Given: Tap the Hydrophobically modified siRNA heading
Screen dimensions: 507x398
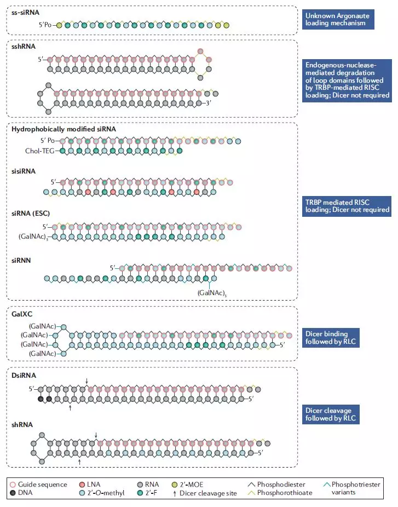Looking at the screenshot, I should tap(64, 129).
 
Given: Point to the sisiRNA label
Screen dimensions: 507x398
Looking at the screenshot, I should tap(24, 171).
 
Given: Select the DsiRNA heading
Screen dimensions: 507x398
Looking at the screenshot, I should tap(24, 376).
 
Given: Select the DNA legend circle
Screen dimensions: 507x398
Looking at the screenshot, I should tap(13, 492).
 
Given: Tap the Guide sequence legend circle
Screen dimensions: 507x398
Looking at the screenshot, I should tap(13, 484).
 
